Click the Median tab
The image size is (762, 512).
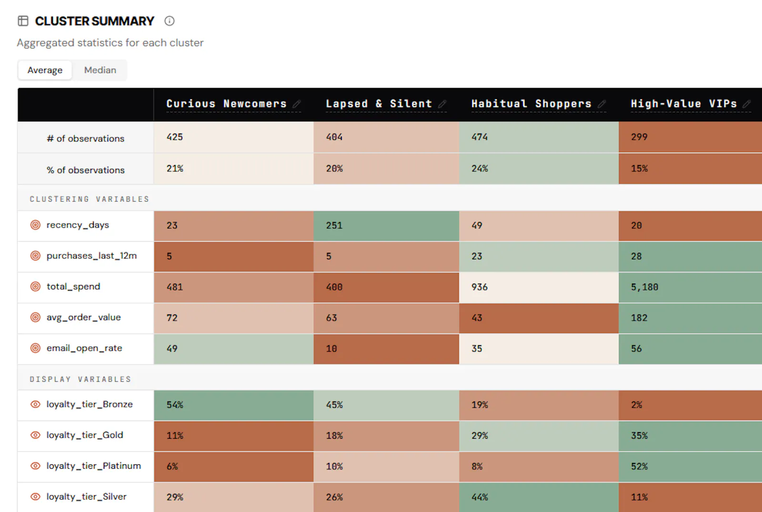click(100, 70)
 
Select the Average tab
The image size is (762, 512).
click(45, 70)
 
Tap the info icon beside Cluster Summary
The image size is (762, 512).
click(170, 21)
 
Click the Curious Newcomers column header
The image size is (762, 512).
click(227, 103)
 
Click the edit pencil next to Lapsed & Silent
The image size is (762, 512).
click(442, 104)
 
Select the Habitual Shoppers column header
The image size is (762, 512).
click(531, 103)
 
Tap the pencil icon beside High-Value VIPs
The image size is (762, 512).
click(747, 104)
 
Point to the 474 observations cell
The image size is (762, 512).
click(539, 137)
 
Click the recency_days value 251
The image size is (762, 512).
click(386, 226)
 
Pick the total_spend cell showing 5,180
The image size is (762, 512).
click(691, 287)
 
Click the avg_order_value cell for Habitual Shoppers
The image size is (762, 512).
click(539, 318)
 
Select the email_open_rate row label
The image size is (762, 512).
click(84, 348)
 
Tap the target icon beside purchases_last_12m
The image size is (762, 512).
click(35, 256)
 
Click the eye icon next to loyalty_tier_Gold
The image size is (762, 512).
click(35, 435)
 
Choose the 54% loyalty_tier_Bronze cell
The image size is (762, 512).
click(234, 405)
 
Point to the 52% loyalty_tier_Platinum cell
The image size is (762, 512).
click(691, 466)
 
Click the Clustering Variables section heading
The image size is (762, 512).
click(90, 199)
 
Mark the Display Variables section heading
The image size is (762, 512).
click(80, 379)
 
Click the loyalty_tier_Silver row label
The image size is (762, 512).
click(86, 497)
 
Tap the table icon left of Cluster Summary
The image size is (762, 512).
click(23, 21)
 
